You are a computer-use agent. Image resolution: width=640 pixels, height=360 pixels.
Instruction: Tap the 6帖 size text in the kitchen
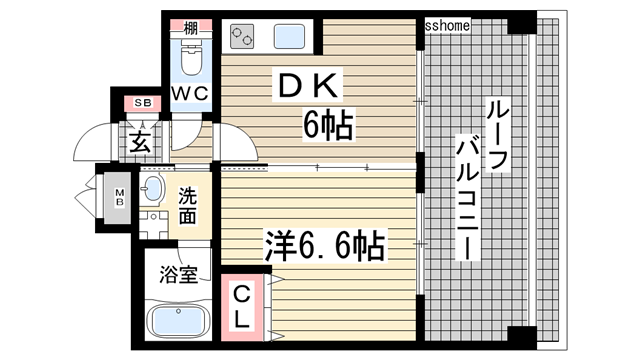pos(326,127)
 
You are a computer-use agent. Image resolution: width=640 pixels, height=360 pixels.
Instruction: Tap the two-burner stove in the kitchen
pos(243,38)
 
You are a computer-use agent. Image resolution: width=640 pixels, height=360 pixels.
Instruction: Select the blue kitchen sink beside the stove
pos(291,38)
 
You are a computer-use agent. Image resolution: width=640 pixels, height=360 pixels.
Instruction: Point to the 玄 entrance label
pos(140,141)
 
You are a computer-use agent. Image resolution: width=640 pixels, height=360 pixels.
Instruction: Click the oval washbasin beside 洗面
pos(153,189)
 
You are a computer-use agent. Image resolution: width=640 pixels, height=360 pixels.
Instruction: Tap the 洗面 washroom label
pos(188,205)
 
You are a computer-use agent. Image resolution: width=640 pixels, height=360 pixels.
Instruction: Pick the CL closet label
pos(242,305)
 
